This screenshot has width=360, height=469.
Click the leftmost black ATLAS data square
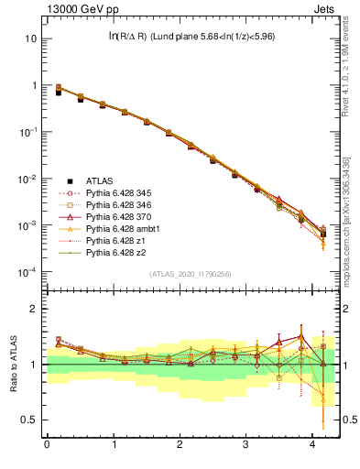pos(58,93)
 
